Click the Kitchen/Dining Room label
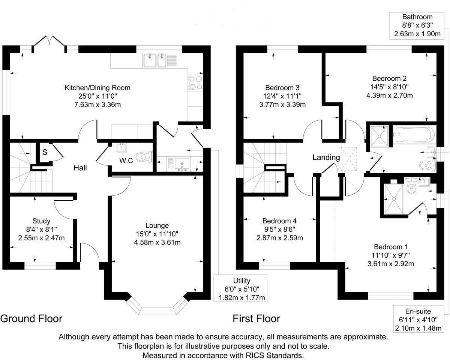coord(97,88)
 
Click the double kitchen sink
coord(154,60)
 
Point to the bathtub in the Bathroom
coord(414,134)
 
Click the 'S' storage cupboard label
coord(45,153)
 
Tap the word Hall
coord(80,168)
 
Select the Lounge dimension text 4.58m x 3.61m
coord(157,242)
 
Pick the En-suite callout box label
coord(418,311)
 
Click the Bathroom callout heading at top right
coord(417,17)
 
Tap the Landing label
coord(326,157)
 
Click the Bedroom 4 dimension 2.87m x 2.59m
coord(279,238)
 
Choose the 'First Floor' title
coord(256,319)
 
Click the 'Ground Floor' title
coord(31,319)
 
